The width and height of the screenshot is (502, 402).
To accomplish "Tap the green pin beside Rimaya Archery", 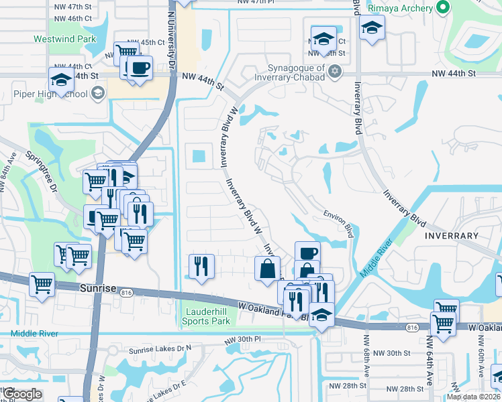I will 442,7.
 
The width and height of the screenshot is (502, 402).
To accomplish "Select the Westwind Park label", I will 65,39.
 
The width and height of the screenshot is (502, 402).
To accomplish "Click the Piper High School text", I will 50,93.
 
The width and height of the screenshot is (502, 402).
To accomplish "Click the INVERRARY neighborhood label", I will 452,236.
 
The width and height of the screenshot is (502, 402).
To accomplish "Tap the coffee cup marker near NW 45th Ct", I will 140,68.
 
